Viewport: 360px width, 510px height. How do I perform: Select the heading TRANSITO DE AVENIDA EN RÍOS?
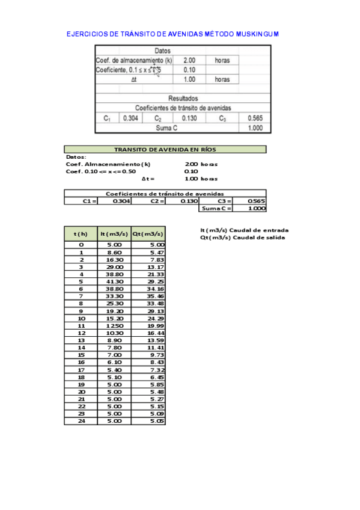(x=165, y=150)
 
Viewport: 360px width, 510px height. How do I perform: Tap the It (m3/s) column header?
(x=114, y=233)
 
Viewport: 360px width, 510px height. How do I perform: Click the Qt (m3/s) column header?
(x=148, y=233)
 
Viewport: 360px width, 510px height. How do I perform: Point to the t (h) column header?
(x=81, y=233)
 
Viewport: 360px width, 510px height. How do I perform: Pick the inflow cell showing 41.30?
(x=114, y=281)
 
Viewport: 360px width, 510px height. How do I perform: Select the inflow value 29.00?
(x=114, y=266)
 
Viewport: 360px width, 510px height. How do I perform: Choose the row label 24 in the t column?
(x=81, y=421)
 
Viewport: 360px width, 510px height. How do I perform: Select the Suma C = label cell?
(x=216, y=208)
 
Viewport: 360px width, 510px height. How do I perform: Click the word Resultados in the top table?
(x=183, y=98)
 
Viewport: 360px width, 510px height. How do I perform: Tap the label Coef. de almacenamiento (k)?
(x=134, y=61)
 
